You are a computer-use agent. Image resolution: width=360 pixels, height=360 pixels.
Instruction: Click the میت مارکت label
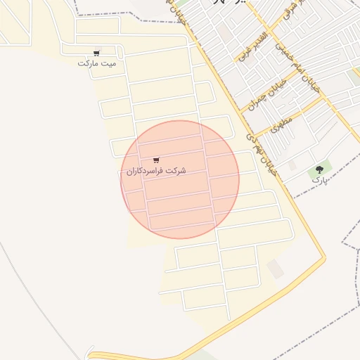pyautogui.click(x=97, y=63)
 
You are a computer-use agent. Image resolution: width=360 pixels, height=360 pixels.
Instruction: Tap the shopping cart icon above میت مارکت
pyautogui.click(x=96, y=53)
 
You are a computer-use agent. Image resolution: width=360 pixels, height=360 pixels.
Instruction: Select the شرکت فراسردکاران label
pyautogui.click(x=156, y=171)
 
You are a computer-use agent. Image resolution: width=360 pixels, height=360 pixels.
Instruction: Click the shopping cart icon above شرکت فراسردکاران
pyautogui.click(x=155, y=160)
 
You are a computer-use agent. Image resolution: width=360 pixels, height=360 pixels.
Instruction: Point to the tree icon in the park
pyautogui.click(x=320, y=169)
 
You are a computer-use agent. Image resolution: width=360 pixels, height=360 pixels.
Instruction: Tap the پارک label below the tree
pyautogui.click(x=321, y=180)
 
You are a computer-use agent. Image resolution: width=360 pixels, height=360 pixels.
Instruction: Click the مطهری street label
pyautogui.click(x=281, y=124)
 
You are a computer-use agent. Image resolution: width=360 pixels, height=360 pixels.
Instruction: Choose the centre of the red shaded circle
pyautogui.click(x=180, y=179)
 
